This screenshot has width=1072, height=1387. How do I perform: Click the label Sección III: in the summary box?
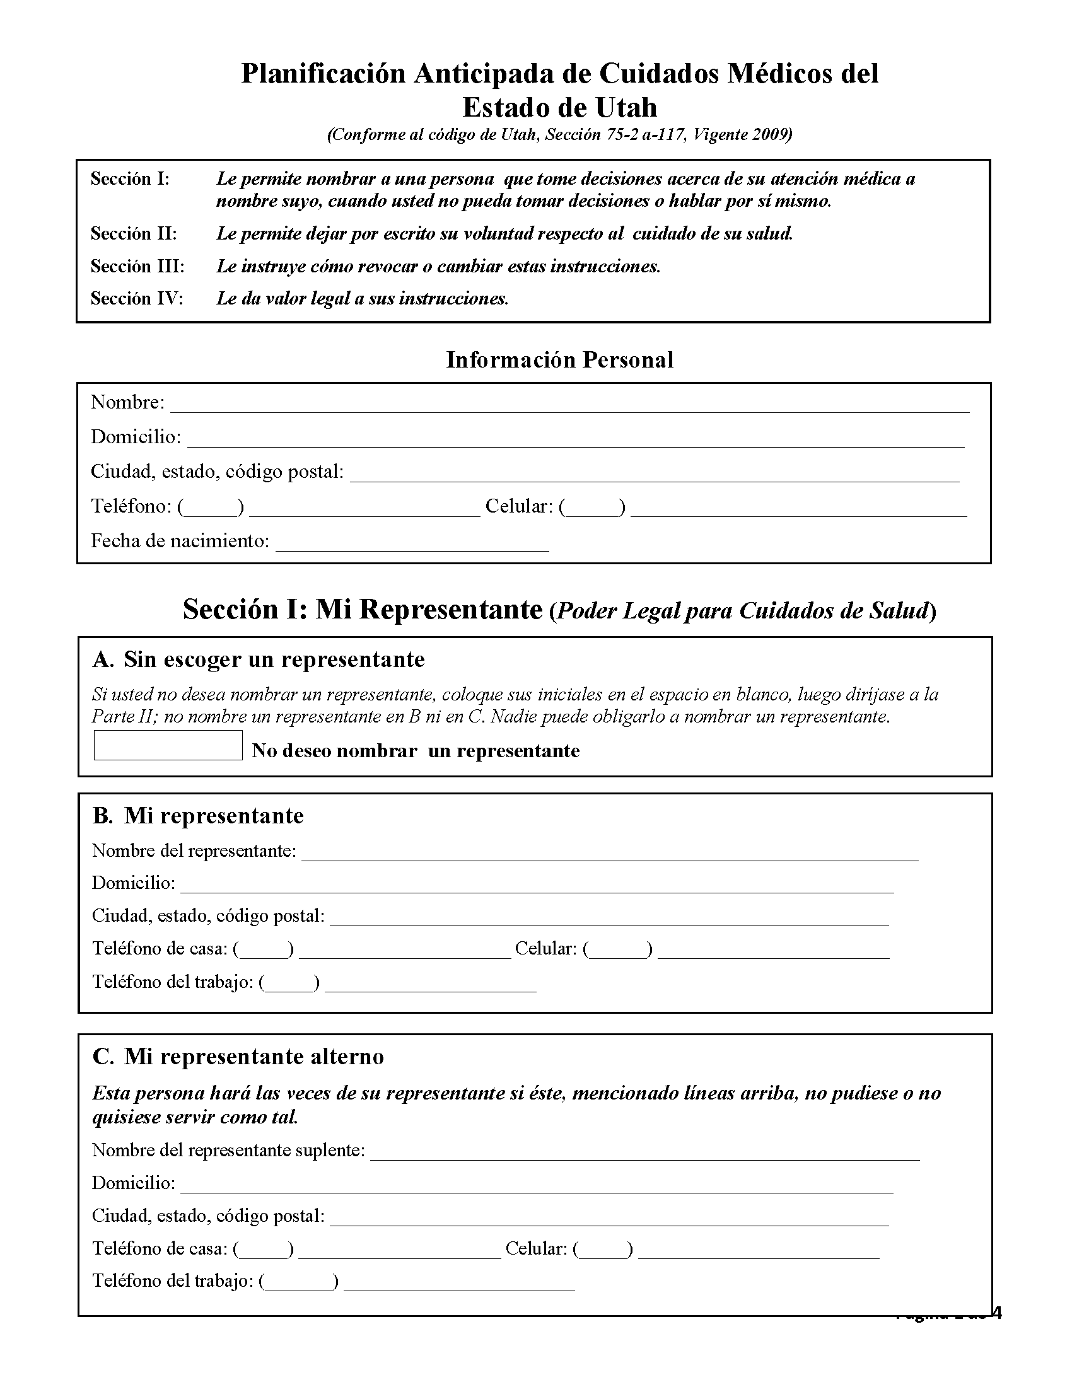[137, 265]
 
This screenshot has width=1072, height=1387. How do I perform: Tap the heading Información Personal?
[559, 359]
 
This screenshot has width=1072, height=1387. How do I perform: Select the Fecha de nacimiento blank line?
[412, 543]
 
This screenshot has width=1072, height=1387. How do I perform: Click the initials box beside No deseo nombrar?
[168, 745]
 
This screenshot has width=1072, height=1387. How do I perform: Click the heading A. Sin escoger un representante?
[259, 659]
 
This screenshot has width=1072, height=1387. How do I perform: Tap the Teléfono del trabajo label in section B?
[173, 982]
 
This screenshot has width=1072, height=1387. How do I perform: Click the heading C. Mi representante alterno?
[238, 1056]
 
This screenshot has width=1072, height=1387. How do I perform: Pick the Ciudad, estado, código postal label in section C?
[208, 1216]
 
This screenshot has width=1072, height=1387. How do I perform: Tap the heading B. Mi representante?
[198, 815]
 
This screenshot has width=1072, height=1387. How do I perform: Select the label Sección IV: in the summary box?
[137, 298]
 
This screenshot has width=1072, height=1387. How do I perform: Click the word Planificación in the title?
[323, 74]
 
